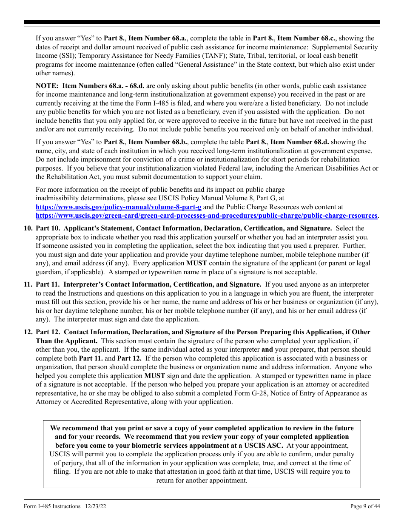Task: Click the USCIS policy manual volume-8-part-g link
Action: tap(118, 207)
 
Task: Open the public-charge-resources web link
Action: tap(207, 216)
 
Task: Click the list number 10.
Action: tap(28, 228)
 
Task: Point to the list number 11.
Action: tap(28, 284)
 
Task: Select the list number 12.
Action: tap(28, 332)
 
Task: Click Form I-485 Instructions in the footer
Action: tap(52, 506)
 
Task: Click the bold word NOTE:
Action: tap(48, 86)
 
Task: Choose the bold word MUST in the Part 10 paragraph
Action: tap(196, 263)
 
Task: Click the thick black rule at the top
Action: tap(202, 22)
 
